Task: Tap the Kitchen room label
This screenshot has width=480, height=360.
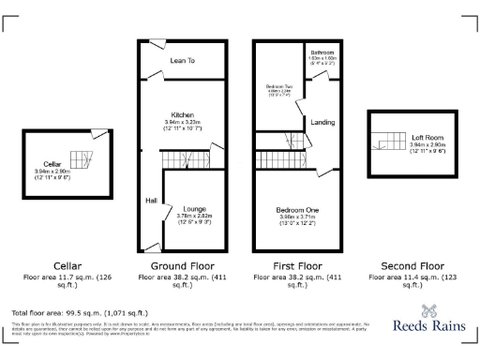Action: (182, 115)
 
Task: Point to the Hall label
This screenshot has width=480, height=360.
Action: (149, 201)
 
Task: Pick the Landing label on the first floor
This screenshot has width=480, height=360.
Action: (323, 123)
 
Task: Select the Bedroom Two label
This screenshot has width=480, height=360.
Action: (279, 86)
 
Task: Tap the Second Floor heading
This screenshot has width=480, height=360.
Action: (412, 265)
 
